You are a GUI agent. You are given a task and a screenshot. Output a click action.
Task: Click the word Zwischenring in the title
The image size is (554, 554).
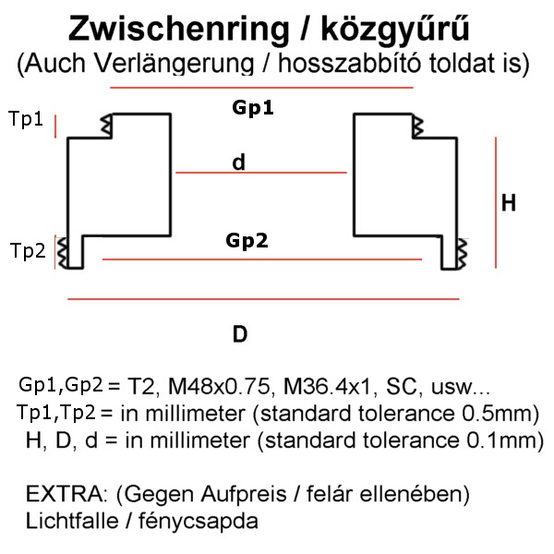click(x=176, y=29)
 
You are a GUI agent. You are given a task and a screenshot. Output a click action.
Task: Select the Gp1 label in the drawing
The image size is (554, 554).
click(x=253, y=108)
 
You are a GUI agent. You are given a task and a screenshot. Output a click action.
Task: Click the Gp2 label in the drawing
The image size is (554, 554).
click(x=247, y=241)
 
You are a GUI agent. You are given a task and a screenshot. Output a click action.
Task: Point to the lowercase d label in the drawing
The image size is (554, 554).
click(x=239, y=163)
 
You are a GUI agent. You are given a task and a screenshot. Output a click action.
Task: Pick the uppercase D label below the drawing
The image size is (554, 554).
click(x=240, y=334)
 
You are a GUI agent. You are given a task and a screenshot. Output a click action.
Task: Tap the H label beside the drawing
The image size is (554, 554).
click(x=509, y=203)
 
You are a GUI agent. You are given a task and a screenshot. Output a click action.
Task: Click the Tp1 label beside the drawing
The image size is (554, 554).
click(x=26, y=119)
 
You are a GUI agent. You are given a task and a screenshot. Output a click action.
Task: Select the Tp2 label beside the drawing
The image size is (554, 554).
click(x=28, y=250)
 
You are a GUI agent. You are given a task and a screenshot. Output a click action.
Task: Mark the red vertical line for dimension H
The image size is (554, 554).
click(x=498, y=203)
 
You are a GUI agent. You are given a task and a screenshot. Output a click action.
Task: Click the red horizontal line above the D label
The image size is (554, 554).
click(x=264, y=299)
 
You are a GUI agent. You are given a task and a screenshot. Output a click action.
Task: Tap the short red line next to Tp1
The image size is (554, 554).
click(x=56, y=126)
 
